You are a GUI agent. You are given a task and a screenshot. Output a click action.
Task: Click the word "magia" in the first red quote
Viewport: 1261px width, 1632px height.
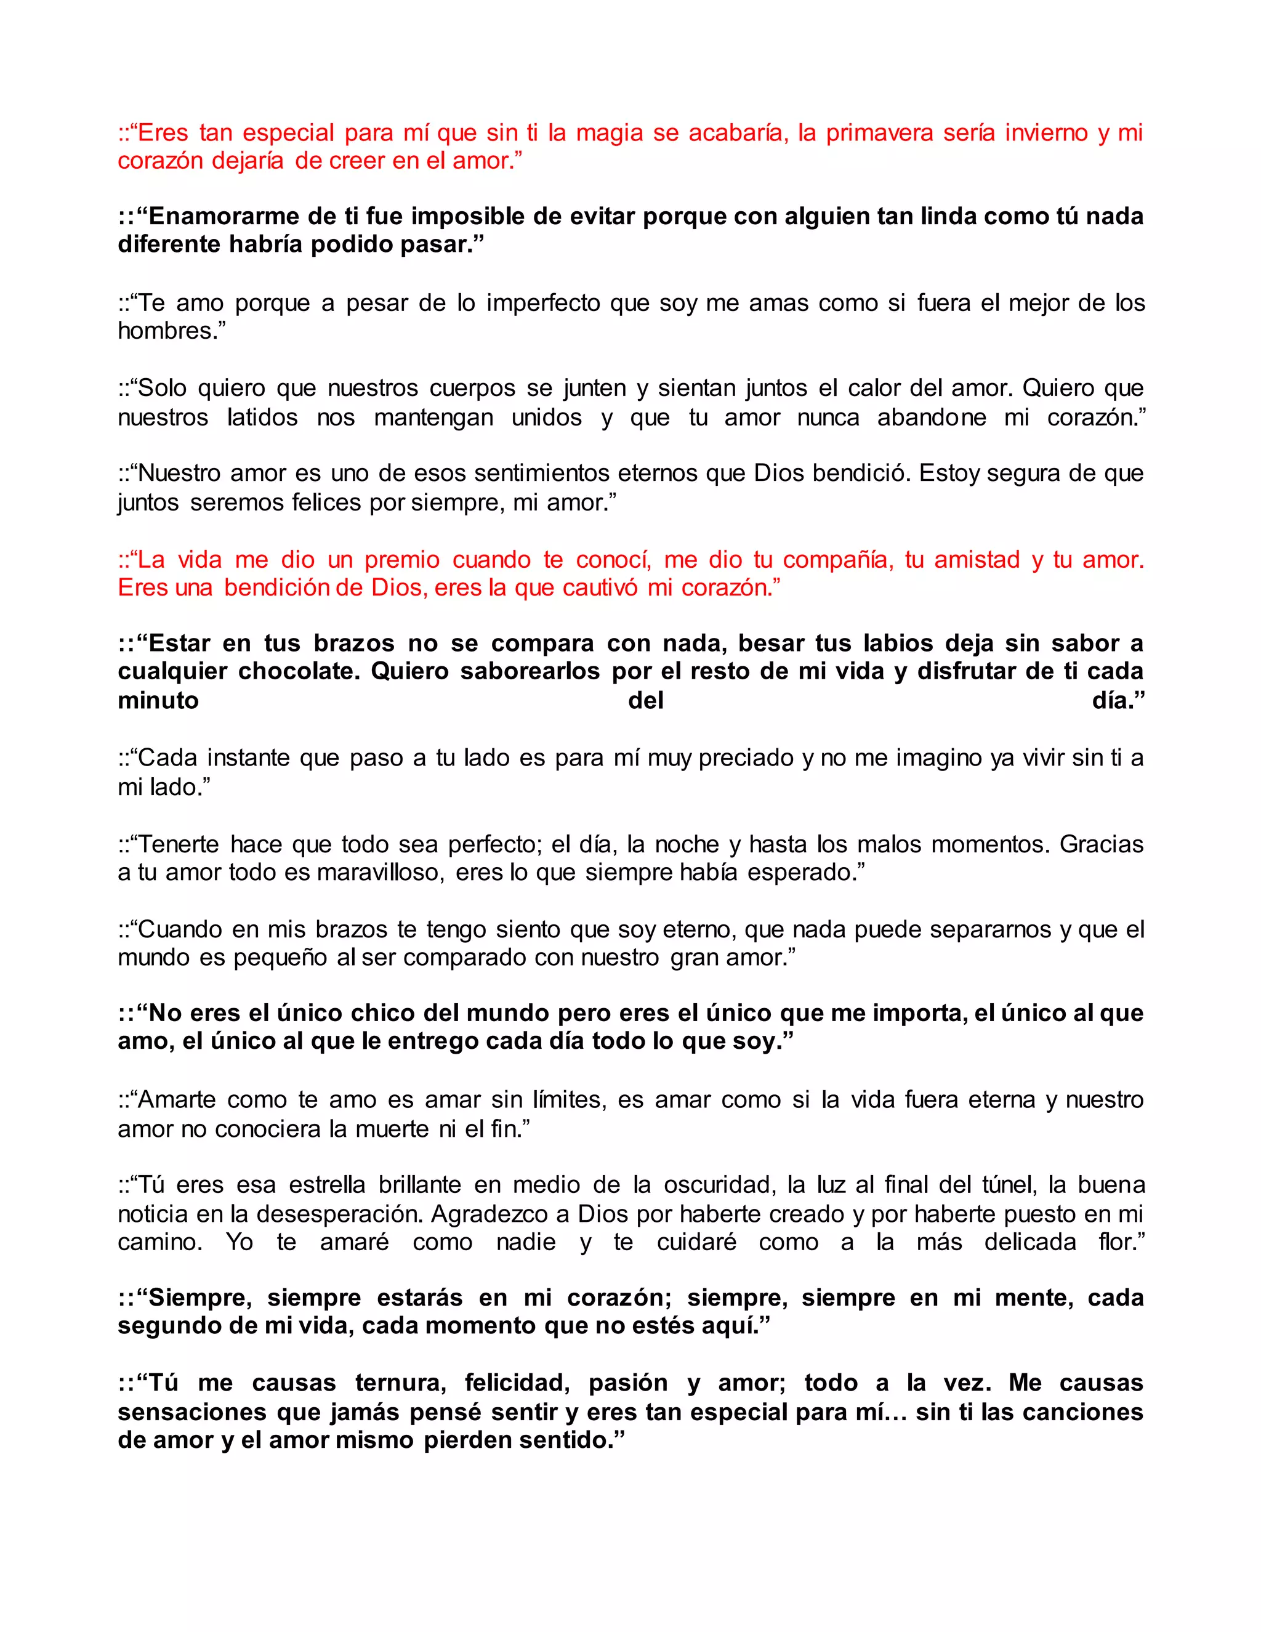point(610,133)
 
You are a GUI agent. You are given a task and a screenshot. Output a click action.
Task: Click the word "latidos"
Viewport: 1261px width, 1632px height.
point(262,417)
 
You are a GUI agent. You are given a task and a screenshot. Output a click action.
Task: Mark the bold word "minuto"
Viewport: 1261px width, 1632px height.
point(158,701)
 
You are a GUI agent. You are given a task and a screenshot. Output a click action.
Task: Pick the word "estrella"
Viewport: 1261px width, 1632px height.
point(327,1185)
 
